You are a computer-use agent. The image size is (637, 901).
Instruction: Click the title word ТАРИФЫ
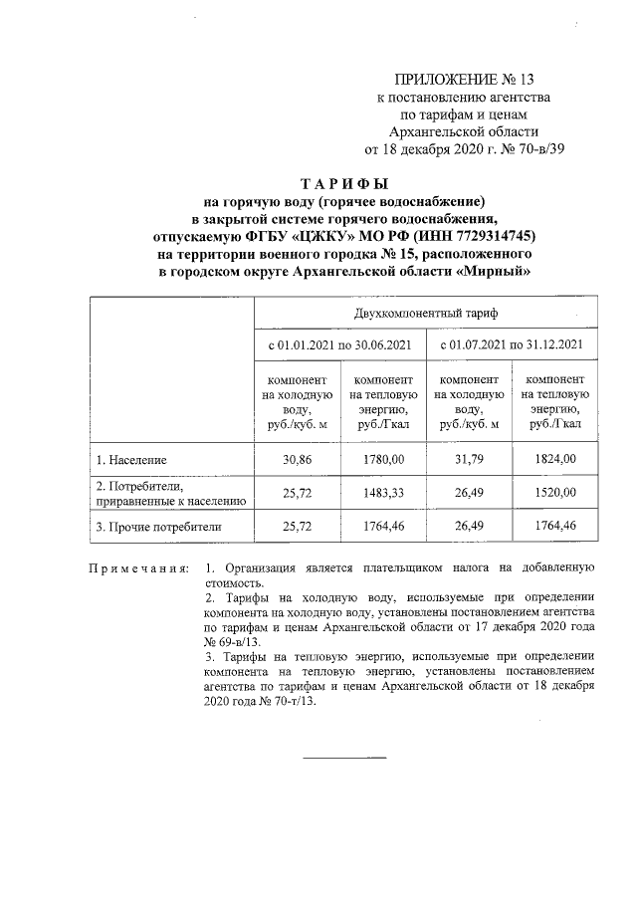(343, 183)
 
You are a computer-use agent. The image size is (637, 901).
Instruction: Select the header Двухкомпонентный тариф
(426, 313)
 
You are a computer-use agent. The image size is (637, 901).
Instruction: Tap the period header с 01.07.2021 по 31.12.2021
(511, 344)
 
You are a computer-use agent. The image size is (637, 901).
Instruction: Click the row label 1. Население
(131, 460)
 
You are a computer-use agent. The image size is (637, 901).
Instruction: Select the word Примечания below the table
(138, 568)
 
